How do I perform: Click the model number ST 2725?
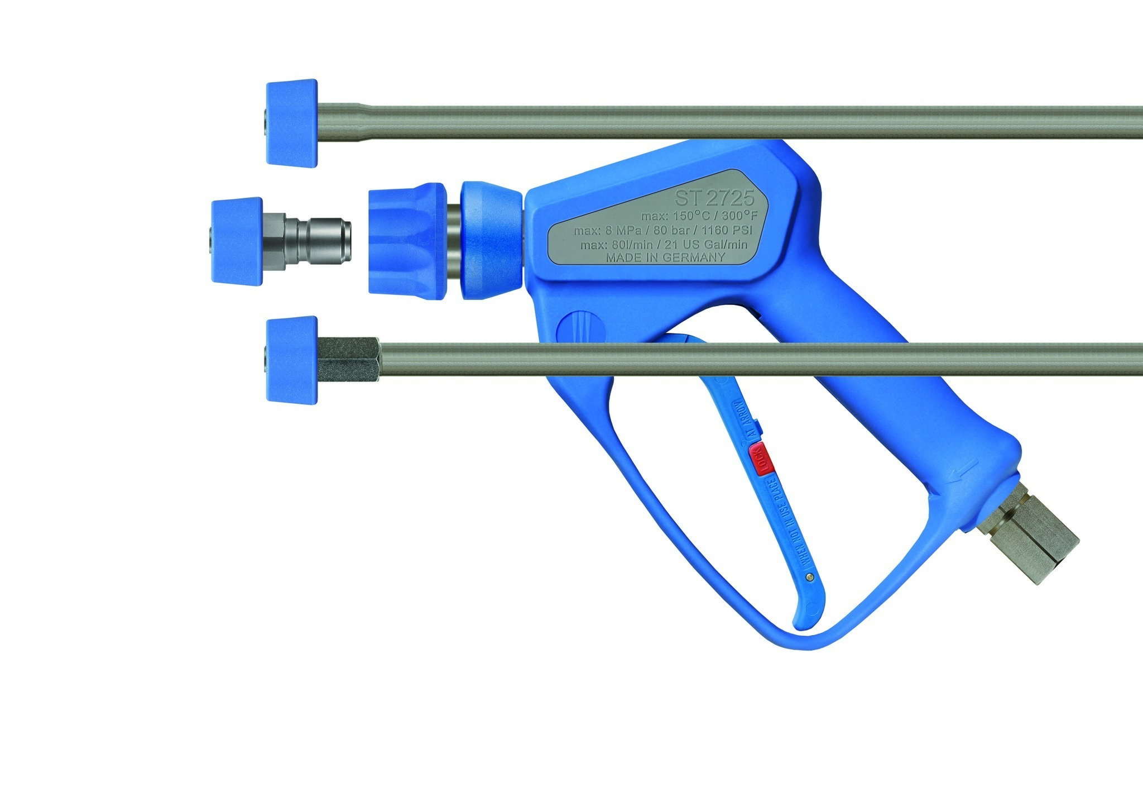(x=714, y=198)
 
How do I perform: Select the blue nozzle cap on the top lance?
(x=292, y=122)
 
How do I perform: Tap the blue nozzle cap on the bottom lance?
(x=292, y=360)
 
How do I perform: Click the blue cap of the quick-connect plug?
(x=237, y=241)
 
